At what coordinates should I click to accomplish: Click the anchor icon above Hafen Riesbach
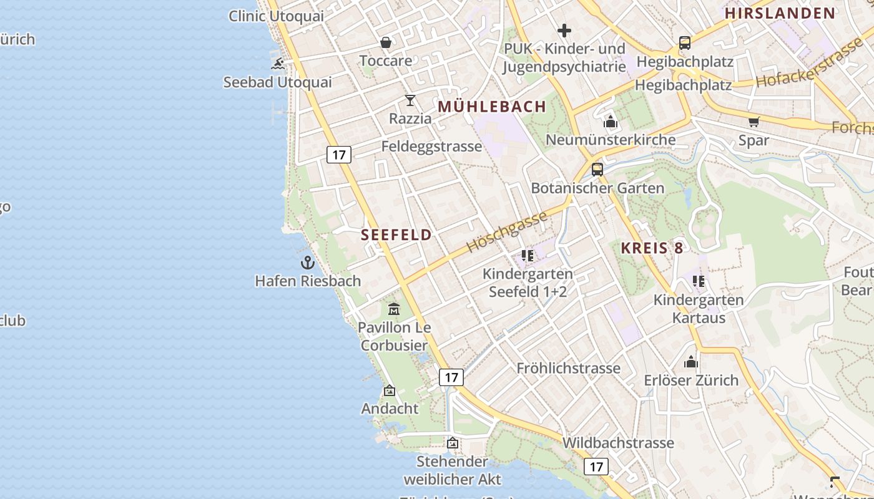coord(307,263)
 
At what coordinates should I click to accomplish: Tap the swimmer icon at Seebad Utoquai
coord(278,64)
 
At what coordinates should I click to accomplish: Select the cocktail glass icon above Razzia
coord(410,100)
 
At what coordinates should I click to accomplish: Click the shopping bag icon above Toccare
coord(386,42)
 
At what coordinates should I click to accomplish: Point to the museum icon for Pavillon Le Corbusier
coord(394,309)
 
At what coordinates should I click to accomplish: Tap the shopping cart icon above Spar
coord(754,122)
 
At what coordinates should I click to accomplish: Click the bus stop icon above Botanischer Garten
coord(597,169)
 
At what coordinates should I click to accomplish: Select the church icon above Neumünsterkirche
coord(611,122)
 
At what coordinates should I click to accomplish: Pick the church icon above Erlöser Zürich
coord(691,362)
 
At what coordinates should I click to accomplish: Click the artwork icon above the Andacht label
coord(390,390)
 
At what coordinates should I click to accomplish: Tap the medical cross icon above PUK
coord(564,30)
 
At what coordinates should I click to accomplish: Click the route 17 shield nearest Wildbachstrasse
coord(596,466)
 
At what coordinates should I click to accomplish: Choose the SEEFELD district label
coord(396,235)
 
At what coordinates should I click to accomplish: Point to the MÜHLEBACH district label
coord(492,107)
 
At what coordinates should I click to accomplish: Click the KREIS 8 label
coord(652,248)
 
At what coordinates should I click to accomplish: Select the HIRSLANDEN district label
coord(780,13)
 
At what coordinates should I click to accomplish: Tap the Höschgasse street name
coord(507,231)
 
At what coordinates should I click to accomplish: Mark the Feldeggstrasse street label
coord(432,147)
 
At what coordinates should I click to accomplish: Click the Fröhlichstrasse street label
coord(569,368)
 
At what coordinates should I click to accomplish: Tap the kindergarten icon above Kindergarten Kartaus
coord(699,281)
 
